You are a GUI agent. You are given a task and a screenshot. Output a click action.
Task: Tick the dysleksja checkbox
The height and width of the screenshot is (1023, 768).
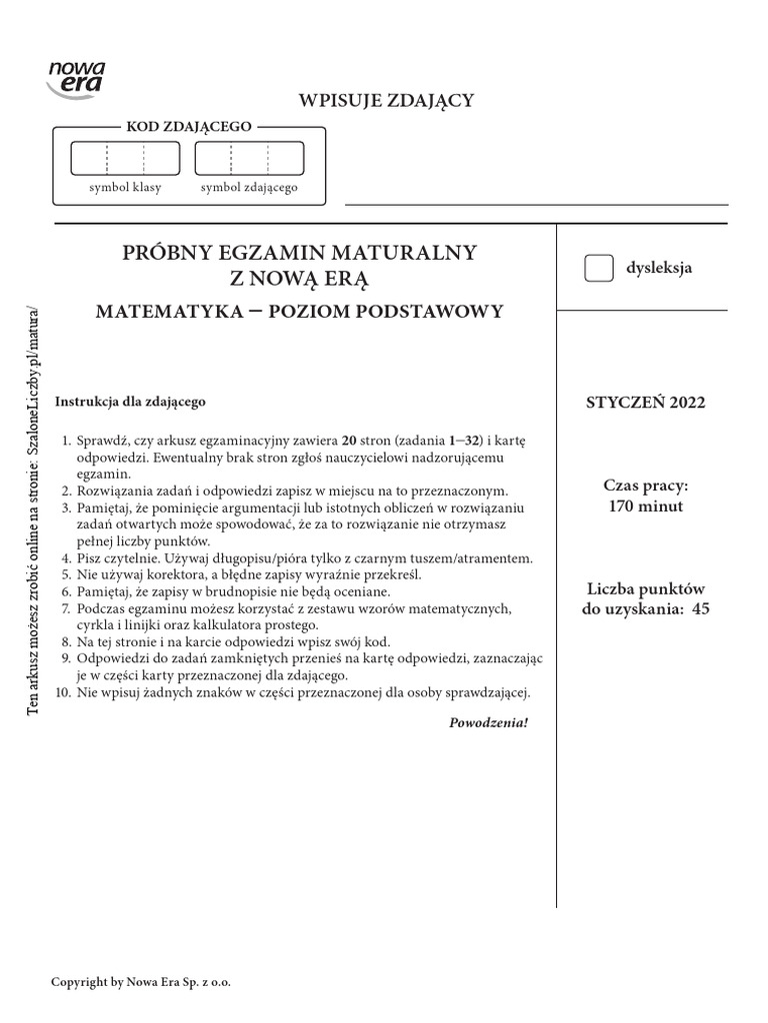tap(598, 269)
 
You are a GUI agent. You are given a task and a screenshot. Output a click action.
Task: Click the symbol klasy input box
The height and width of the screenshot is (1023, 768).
tap(125, 159)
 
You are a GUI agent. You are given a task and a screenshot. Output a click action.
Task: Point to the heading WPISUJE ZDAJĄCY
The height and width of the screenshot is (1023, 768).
tap(385, 99)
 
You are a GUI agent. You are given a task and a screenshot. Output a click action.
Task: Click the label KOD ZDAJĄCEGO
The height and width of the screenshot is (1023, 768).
tap(188, 127)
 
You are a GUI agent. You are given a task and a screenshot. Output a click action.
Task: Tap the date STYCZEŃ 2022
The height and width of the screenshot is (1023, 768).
tap(645, 403)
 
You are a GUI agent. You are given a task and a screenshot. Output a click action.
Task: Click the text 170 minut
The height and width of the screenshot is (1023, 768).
tap(645, 506)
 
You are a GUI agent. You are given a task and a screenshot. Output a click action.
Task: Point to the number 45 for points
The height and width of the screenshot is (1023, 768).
tap(699, 608)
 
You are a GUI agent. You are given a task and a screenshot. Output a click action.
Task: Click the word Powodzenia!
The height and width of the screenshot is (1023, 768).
tap(489, 721)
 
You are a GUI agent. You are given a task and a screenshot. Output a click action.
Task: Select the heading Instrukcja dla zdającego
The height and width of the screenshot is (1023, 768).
tap(130, 402)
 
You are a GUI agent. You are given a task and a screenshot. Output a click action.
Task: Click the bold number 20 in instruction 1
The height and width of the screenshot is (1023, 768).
tap(349, 440)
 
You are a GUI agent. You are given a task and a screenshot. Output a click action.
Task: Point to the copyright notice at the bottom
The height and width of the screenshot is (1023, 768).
tap(141, 982)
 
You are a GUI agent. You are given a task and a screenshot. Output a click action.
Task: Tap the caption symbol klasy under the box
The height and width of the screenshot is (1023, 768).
tap(125, 187)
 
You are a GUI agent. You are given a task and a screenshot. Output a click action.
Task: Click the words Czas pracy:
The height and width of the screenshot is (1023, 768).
tap(645, 486)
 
